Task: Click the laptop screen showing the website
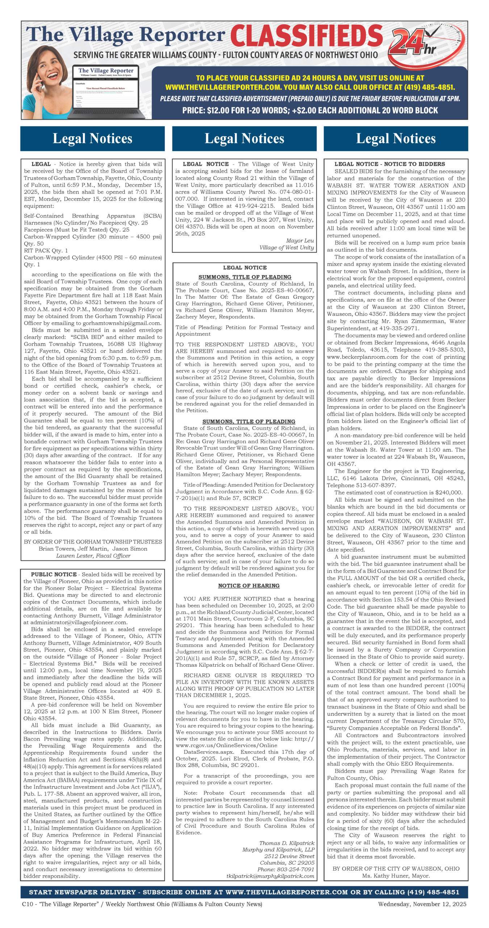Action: [x=106, y=91]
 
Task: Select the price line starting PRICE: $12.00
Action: [x=310, y=110]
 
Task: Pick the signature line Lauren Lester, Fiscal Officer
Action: [x=93, y=556]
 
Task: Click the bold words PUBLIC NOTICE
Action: [x=54, y=575]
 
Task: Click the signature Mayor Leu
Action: [x=300, y=241]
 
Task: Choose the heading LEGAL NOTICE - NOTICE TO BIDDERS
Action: [x=390, y=164]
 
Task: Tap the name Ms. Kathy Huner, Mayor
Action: [x=396, y=876]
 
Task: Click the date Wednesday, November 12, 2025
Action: [x=422, y=904]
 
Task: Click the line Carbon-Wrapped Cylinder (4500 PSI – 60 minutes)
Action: [x=93, y=258]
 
